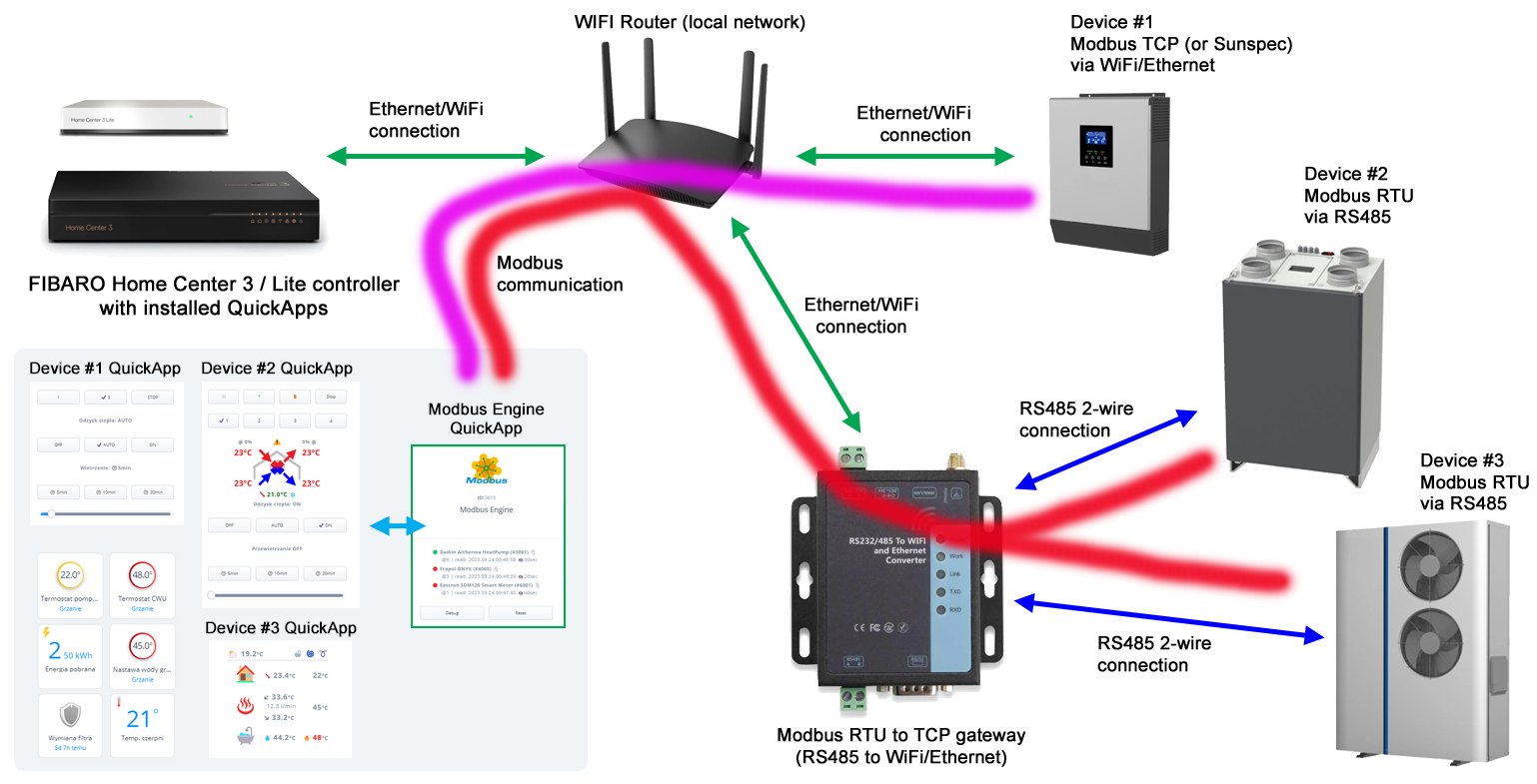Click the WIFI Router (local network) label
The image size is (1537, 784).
690,22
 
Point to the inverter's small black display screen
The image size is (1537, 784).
1095,146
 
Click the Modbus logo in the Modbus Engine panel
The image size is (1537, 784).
487,469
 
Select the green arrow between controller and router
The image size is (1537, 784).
436,156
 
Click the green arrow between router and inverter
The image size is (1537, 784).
905,156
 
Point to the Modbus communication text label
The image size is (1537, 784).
560,274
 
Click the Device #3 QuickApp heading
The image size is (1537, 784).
281,628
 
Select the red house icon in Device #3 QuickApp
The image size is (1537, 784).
245,675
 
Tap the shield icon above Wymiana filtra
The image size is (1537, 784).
70,715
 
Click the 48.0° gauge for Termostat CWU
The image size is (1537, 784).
142,575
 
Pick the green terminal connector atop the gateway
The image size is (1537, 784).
852,457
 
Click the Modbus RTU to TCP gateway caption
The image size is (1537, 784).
901,746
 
